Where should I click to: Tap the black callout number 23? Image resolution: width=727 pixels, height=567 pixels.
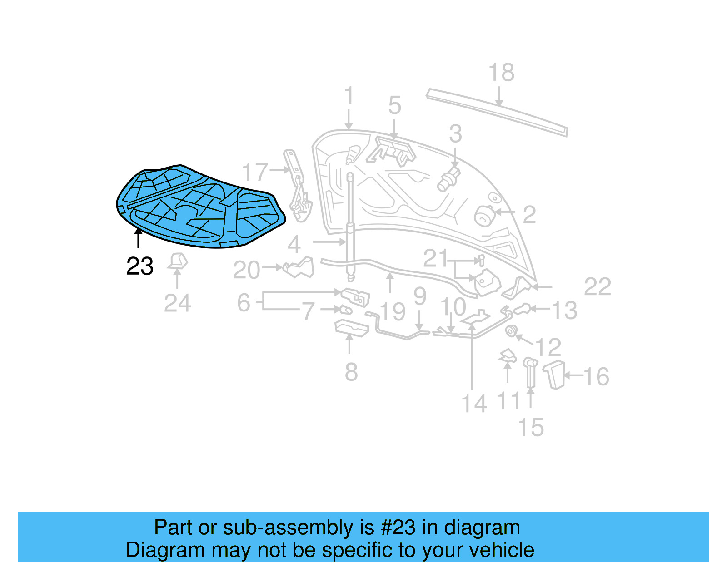(140, 266)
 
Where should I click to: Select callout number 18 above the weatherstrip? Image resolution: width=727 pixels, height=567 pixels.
(501, 73)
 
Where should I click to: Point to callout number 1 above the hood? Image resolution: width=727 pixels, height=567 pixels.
(349, 96)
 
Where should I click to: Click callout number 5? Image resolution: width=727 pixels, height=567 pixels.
(394, 106)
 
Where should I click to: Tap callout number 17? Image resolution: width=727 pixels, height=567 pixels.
(255, 173)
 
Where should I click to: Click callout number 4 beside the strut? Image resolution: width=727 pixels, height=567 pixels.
(294, 245)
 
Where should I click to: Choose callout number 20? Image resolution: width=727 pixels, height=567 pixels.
(247, 271)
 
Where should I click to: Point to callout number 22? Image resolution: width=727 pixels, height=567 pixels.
(597, 287)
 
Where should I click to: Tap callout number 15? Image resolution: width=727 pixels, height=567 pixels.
(530, 428)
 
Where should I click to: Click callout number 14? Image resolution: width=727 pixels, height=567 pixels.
(474, 404)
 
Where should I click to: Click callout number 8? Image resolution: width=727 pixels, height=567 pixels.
(351, 372)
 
